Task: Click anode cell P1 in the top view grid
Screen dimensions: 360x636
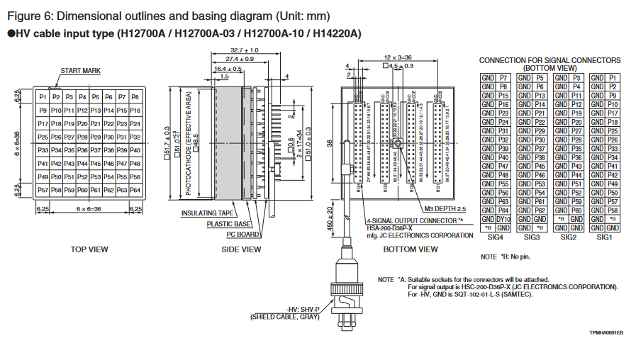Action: [43, 96]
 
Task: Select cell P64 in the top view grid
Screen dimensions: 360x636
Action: [135, 190]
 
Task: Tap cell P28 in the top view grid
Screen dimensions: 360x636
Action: [82, 137]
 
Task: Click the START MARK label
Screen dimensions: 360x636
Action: [80, 71]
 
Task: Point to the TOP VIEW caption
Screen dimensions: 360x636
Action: [89, 249]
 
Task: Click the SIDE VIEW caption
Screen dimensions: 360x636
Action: [240, 249]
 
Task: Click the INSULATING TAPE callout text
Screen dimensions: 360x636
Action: [208, 213]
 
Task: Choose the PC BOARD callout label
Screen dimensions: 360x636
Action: [243, 234]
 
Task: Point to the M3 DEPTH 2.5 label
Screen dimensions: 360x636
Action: [445, 209]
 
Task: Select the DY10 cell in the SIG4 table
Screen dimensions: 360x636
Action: [503, 219]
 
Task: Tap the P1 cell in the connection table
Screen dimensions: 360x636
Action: [613, 77]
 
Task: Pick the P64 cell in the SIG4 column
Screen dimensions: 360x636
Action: [503, 210]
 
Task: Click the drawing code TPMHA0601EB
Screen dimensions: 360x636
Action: [606, 333]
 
